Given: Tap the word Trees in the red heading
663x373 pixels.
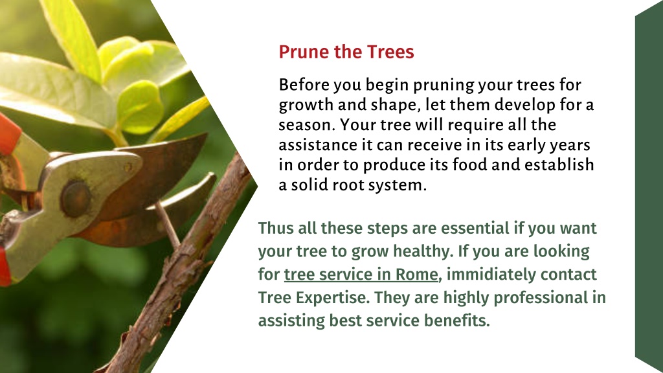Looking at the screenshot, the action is (x=390, y=52).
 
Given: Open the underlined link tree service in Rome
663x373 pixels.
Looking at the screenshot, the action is (x=361, y=275).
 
